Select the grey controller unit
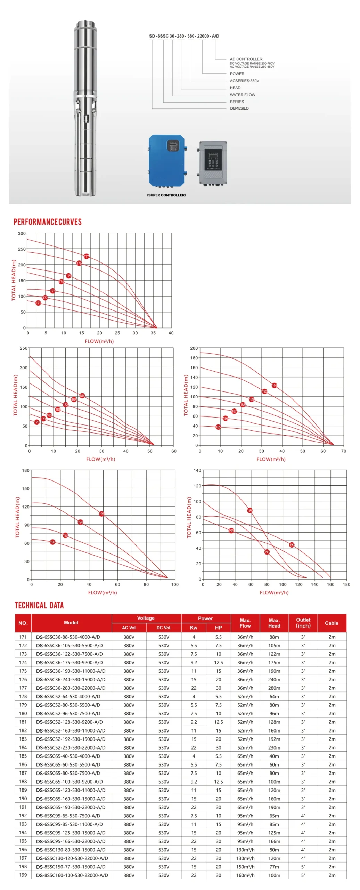[213, 162]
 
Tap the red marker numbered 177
[87, 256]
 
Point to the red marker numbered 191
[274, 385]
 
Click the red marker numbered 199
[292, 545]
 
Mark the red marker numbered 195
[101, 513]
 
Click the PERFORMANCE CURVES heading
[48, 222]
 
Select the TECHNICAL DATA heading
[39, 605]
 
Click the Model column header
[71, 623]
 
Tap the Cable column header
[331, 623]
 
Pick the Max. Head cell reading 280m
[274, 688]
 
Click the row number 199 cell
[23, 875]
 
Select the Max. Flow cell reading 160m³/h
[245, 875]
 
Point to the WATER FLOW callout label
[242, 95]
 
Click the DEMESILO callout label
[239, 108]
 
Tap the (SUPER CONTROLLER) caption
[166, 195]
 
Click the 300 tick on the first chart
[22, 233]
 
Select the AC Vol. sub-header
[129, 628]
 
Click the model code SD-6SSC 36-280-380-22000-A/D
[184, 36]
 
